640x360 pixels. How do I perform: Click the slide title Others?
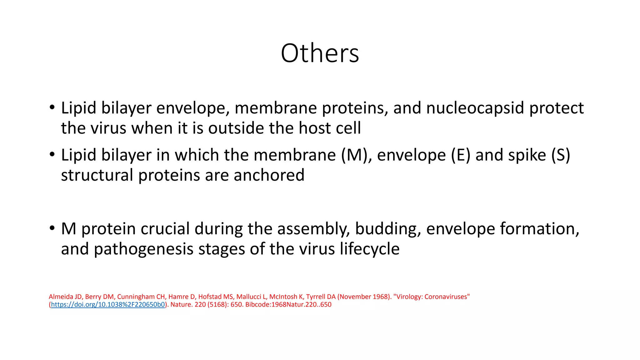click(x=320, y=53)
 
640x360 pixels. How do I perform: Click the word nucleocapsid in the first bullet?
click(x=475, y=108)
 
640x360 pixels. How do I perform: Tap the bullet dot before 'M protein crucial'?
click(x=52, y=228)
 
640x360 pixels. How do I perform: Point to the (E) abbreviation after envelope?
click(x=461, y=155)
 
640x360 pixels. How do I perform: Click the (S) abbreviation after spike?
click(x=561, y=155)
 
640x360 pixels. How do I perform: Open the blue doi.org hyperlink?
click(x=108, y=305)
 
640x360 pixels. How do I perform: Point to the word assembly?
click(x=313, y=229)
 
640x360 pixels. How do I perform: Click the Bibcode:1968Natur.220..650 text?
click(x=288, y=305)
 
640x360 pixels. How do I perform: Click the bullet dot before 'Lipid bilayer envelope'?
click(x=52, y=107)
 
